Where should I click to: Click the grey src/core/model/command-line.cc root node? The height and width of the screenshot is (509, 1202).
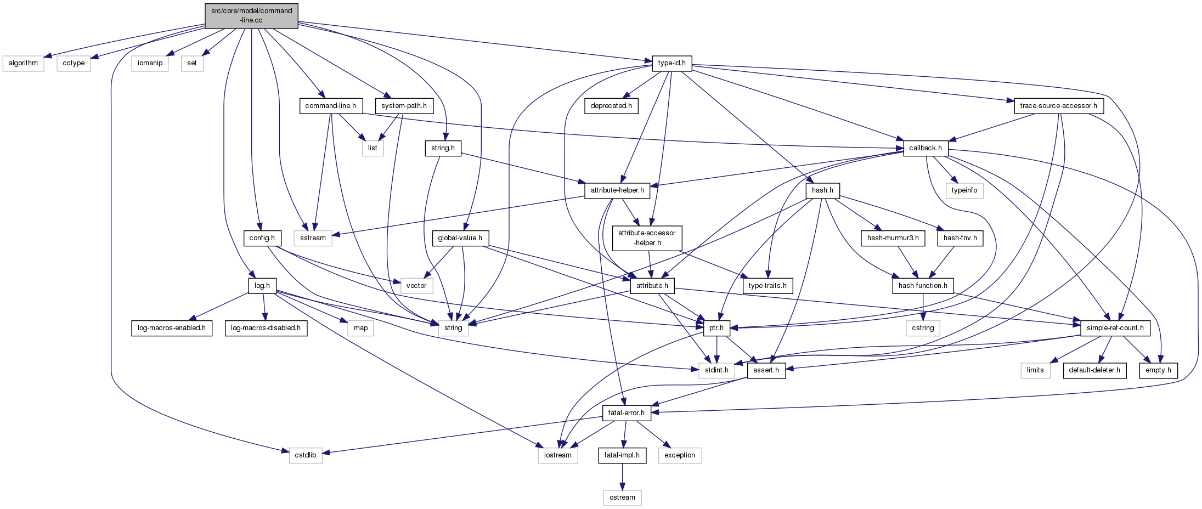(x=251, y=15)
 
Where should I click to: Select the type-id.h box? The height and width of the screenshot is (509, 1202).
(x=671, y=63)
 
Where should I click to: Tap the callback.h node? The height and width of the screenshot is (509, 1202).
(x=925, y=148)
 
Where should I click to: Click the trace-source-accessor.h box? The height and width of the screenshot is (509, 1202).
(x=1058, y=106)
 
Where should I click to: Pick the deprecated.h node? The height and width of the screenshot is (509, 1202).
(x=611, y=106)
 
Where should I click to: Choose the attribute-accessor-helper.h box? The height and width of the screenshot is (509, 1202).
(x=647, y=237)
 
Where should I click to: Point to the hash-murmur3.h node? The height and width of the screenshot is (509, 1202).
(x=893, y=238)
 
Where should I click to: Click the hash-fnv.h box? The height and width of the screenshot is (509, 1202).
(x=960, y=238)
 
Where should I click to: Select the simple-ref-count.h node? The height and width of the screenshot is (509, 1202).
(x=1115, y=328)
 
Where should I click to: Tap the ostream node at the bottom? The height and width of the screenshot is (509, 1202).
(x=622, y=497)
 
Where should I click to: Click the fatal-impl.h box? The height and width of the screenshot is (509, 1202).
(x=622, y=455)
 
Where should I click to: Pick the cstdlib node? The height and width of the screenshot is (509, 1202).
(x=306, y=455)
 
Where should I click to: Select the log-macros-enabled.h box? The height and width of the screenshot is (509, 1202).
(x=172, y=328)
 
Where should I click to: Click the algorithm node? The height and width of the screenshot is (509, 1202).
(x=23, y=63)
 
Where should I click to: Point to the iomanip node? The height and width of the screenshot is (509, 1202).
(x=150, y=63)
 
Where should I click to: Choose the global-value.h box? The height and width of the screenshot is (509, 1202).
(x=460, y=238)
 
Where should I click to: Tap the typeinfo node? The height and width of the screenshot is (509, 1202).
(x=964, y=190)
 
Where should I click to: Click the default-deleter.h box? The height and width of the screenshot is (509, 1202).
(x=1094, y=370)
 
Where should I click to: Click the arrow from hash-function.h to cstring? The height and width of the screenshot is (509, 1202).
(x=923, y=307)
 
